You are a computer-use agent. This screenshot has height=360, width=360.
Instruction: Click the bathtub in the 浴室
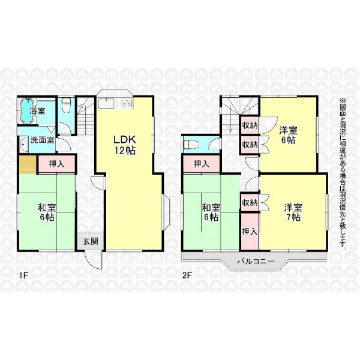tap(28, 110)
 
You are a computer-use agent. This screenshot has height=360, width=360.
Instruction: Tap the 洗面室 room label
tap(42, 140)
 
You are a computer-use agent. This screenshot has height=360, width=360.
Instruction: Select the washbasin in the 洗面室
tap(23, 145)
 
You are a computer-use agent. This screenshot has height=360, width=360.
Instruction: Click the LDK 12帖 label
tap(125, 145)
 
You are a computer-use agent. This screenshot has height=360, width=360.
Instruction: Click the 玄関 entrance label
tap(91, 241)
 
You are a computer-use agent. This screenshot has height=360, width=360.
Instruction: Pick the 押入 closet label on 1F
tap(56, 164)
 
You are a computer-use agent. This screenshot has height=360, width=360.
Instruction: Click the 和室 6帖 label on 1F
tap(47, 212)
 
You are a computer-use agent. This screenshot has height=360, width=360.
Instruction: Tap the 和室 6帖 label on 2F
tap(211, 212)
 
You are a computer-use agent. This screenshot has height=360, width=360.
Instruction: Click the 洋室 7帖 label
tap(293, 212)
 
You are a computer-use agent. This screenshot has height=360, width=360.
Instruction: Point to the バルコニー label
tap(256, 261)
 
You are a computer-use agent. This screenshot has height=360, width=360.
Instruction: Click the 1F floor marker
tap(22, 275)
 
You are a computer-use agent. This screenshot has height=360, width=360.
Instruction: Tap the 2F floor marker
tap(187, 275)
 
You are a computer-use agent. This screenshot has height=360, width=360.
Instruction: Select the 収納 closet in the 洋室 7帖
tap(250, 203)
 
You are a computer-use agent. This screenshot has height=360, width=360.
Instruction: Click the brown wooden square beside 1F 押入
tap(28, 164)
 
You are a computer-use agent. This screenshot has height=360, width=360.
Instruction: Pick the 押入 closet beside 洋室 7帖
tap(250, 232)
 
